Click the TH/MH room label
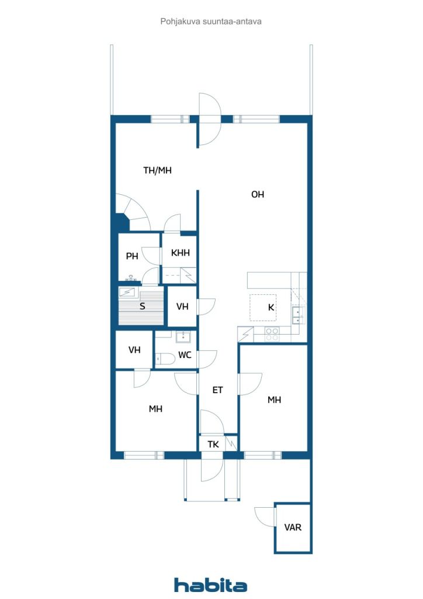157,170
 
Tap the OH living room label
258,194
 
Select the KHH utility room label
180,253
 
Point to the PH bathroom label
132,256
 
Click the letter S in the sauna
143,306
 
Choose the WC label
185,355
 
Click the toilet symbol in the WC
162,359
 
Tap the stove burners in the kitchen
272,334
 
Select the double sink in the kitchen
298,315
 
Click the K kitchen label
271,307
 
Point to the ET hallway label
217,390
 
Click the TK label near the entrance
213,445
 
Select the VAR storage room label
293,528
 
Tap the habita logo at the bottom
210,585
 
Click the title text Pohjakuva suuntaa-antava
211,22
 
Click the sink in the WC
183,337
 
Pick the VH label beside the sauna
182,307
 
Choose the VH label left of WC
134,350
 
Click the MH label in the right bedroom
274,400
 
